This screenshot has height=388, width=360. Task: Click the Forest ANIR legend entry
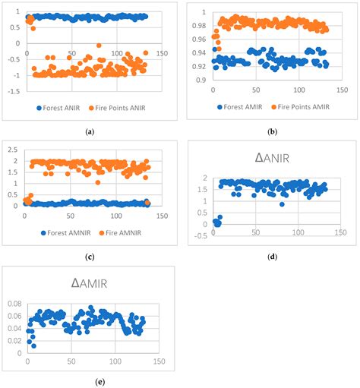coord(55,108)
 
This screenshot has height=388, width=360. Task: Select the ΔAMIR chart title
coord(88,282)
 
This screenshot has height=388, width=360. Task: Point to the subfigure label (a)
coord(90,131)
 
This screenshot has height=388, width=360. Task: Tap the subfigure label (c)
coord(90,256)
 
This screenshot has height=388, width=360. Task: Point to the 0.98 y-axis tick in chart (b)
coord(200,25)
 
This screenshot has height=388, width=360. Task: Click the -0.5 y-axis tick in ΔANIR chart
coord(199,235)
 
